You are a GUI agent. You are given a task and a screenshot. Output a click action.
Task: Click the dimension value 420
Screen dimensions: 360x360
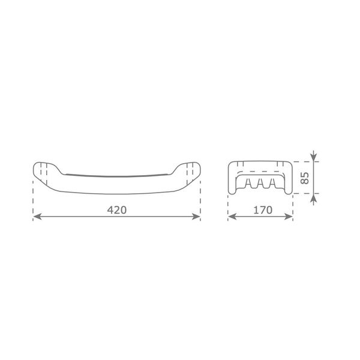click(117, 210)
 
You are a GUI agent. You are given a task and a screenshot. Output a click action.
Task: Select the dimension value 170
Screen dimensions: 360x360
click(263, 210)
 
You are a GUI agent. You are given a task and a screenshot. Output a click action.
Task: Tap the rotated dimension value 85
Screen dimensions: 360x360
click(305, 178)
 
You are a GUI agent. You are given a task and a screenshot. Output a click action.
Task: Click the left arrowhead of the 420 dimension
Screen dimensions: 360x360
click(37, 217)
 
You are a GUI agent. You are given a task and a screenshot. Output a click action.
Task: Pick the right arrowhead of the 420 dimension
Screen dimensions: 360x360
click(196, 217)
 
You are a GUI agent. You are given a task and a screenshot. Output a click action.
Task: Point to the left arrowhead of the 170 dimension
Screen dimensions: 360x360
click(232, 217)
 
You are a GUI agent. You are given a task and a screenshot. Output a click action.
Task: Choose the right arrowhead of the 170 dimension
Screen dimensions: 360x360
click(289, 217)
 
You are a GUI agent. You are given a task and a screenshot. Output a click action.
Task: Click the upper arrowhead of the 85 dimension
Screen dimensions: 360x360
click(314, 157)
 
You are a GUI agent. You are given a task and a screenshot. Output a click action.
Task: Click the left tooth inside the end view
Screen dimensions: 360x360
click(248, 183)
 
